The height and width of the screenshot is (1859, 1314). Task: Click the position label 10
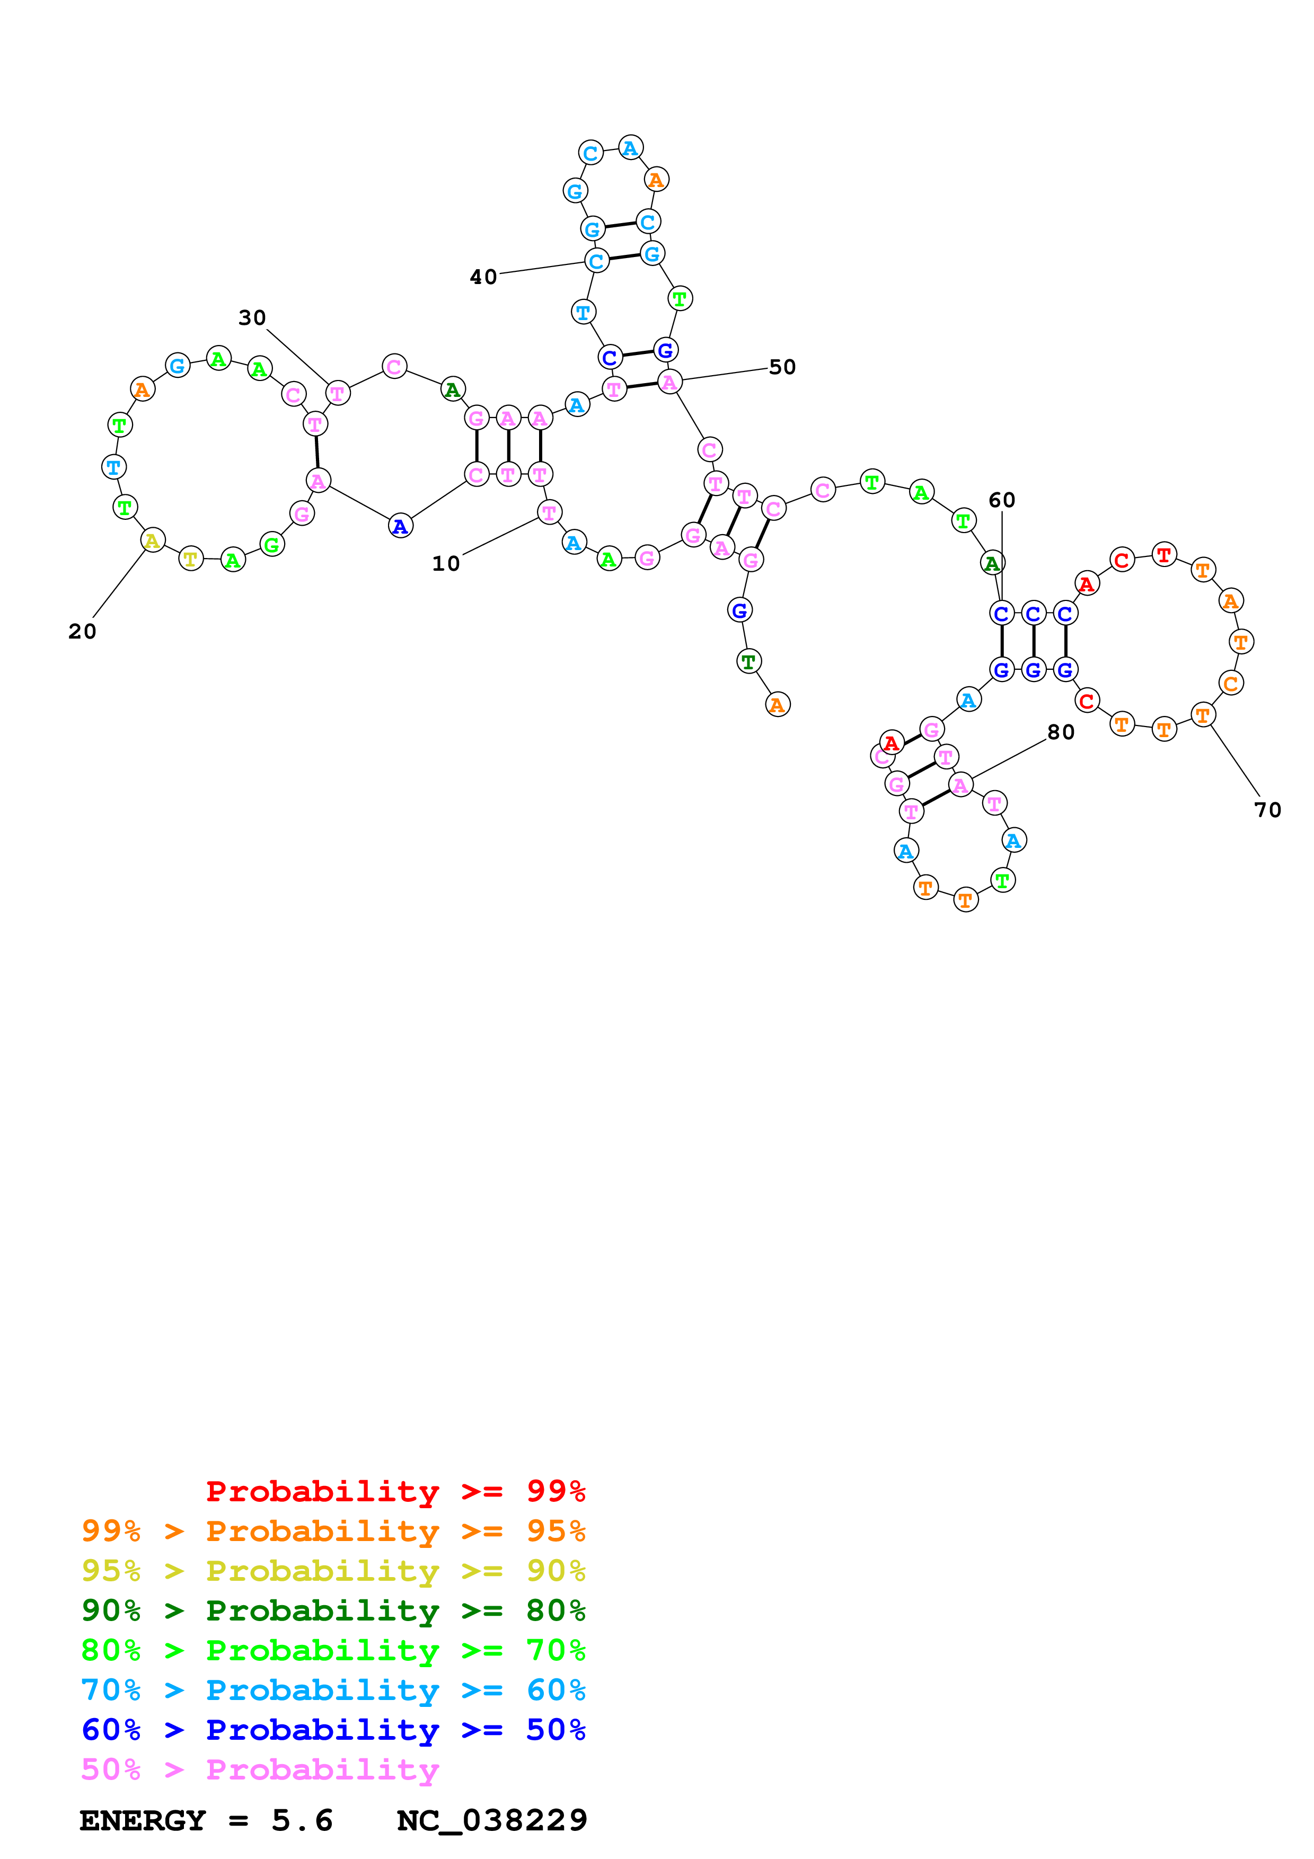point(445,563)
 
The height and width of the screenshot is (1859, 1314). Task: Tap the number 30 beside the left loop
point(252,318)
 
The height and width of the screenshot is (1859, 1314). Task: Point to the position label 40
point(483,278)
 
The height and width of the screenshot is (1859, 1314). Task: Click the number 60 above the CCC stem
point(1001,500)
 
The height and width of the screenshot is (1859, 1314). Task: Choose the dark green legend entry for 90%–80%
point(333,1610)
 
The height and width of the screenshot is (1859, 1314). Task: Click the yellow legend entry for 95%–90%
point(333,1571)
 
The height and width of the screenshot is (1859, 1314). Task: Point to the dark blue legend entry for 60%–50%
point(333,1730)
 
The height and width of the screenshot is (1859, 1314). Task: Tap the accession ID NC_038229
point(491,1821)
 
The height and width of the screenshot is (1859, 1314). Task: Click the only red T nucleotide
point(1163,555)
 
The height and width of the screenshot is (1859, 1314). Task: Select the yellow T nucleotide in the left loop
point(190,559)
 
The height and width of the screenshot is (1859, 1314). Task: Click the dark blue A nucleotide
point(400,526)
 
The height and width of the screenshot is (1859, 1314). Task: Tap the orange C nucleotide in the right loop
point(1231,684)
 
